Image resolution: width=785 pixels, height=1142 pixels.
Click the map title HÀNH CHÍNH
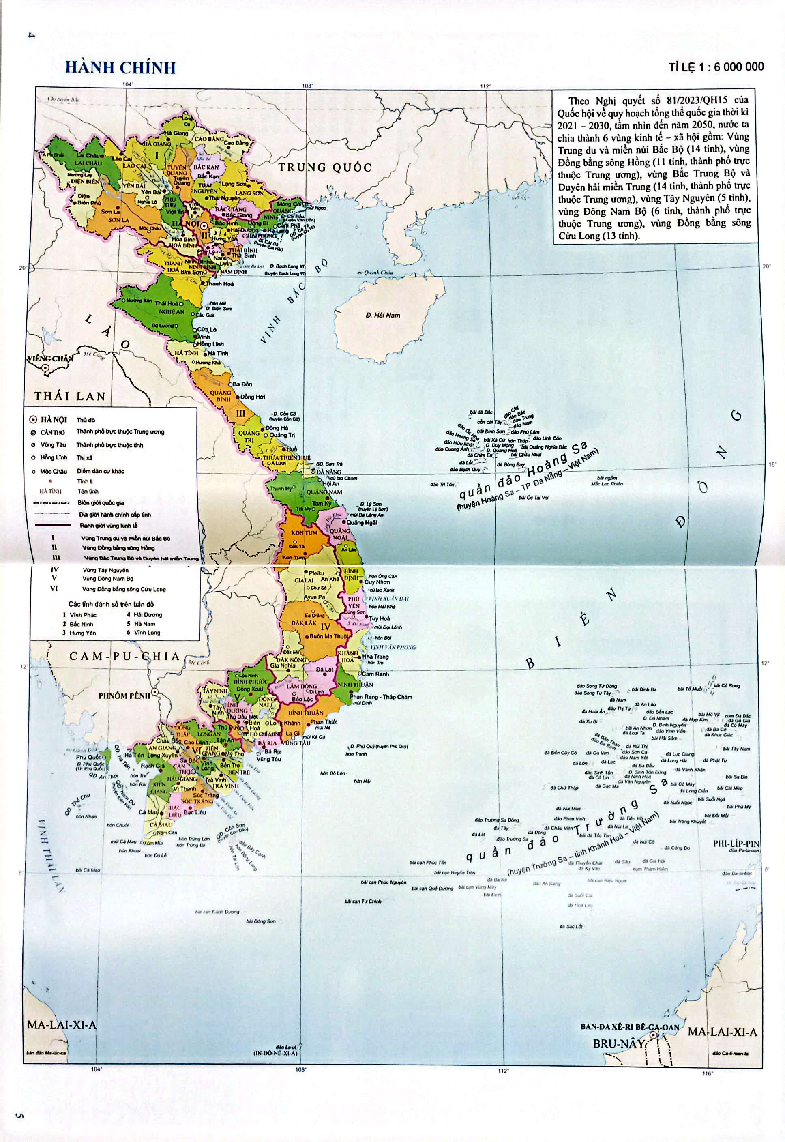tap(120, 67)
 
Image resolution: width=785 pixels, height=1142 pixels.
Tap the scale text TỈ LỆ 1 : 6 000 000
tap(716, 67)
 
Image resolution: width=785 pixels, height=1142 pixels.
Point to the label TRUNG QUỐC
tap(325, 167)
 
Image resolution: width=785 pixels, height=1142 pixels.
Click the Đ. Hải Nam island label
tap(383, 315)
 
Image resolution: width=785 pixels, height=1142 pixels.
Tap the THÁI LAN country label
tap(70, 396)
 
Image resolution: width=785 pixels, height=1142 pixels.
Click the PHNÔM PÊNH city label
tap(124, 696)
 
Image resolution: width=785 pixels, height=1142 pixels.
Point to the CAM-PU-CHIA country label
tap(124, 656)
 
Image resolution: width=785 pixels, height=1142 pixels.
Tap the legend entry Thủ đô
tap(86, 420)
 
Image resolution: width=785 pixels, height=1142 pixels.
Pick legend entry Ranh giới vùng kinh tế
tap(109, 525)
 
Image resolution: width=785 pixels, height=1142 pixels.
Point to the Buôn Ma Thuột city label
tap(328, 636)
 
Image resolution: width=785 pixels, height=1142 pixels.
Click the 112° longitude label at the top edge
tap(485, 86)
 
